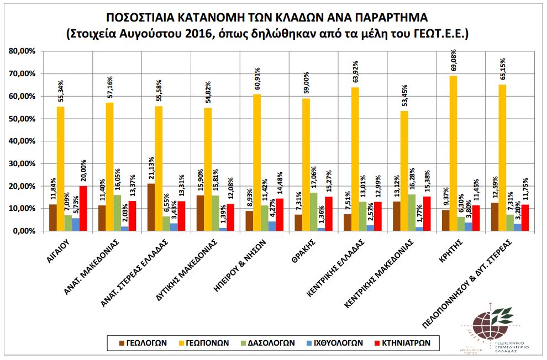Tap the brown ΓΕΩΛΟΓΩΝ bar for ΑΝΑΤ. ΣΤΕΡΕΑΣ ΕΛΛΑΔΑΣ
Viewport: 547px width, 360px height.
[151, 207]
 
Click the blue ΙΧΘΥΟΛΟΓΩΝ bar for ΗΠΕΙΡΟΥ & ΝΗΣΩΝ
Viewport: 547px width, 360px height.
[272, 226]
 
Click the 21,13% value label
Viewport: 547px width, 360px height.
[151, 169]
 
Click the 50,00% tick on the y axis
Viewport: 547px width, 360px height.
[23, 119]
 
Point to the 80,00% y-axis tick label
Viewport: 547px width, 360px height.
[23, 51]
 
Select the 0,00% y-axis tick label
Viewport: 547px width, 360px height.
[24, 231]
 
